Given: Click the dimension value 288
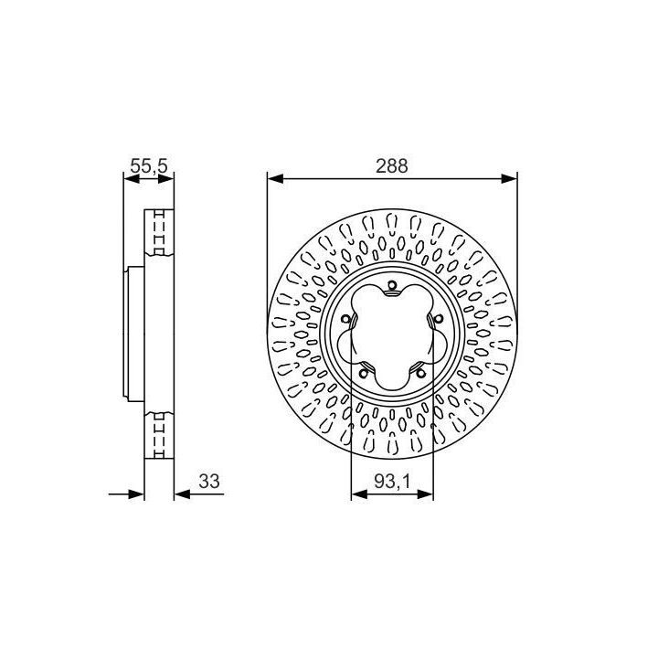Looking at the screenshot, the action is tap(391, 166).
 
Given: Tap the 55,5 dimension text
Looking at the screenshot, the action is tap(149, 165).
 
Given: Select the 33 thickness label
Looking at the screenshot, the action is tap(209, 482).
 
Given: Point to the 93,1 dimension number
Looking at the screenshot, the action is tap(392, 482).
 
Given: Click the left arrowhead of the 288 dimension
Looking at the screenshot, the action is tap(275, 179).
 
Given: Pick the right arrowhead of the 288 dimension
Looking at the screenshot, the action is tap(509, 179).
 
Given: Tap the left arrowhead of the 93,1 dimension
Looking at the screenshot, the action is tap(359, 494).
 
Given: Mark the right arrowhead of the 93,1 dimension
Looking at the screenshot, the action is tap(425, 494).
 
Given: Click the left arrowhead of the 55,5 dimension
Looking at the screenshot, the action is tap(132, 179).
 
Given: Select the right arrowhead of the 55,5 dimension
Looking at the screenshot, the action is tap(165, 179).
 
